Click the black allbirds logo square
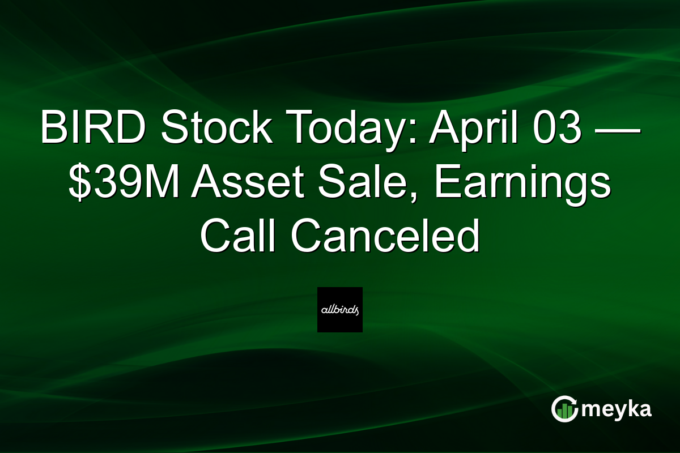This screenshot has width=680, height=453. coord(339,310)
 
